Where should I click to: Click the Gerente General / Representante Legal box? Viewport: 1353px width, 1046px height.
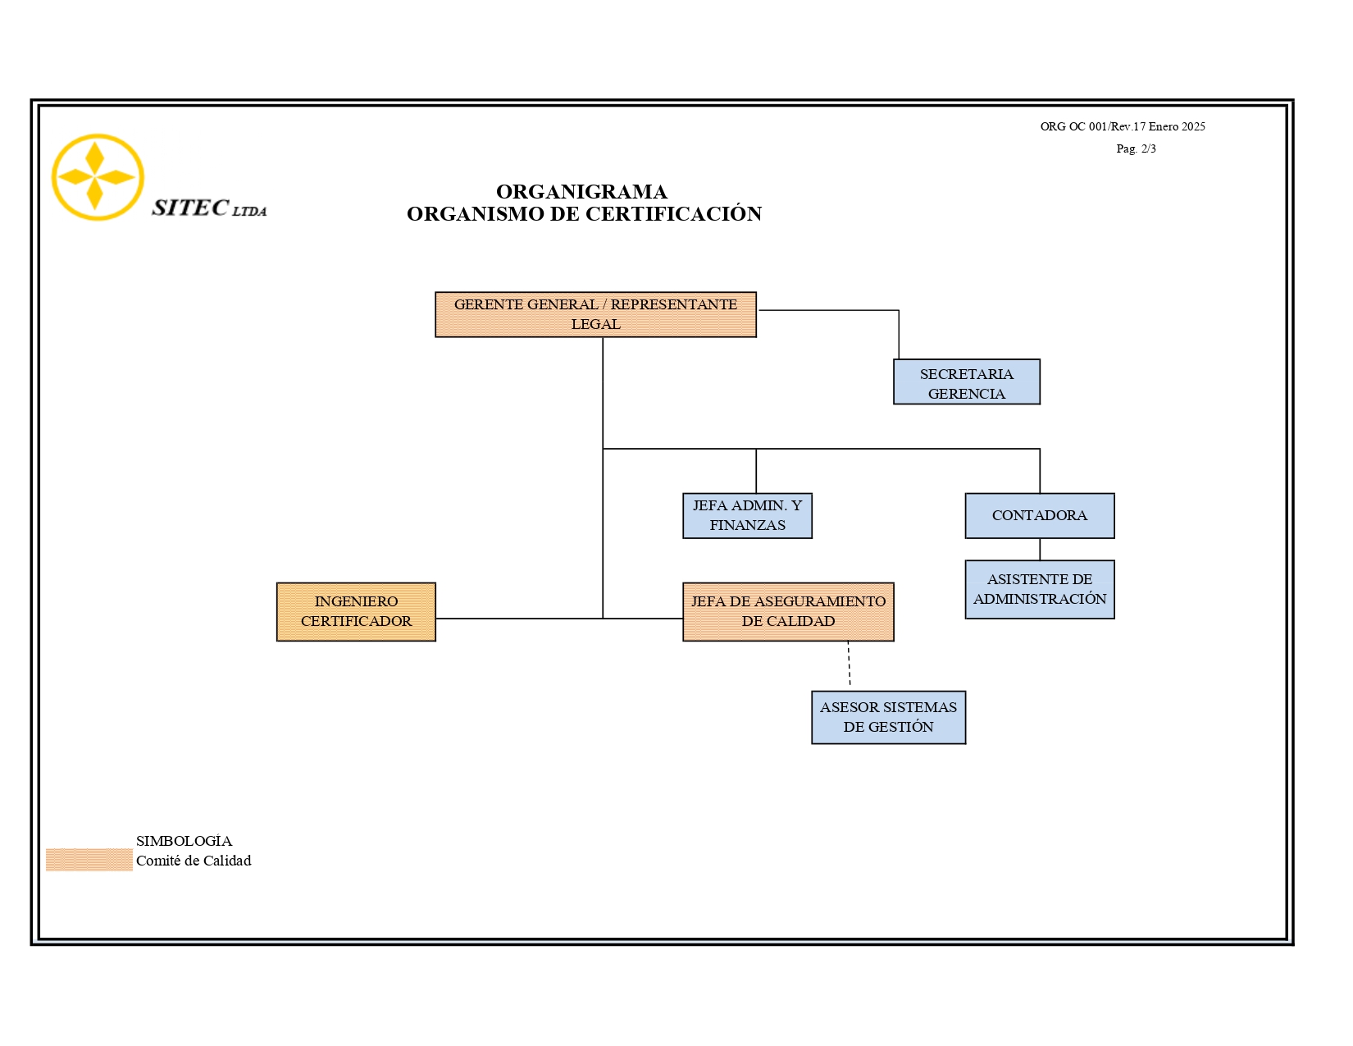point(595,314)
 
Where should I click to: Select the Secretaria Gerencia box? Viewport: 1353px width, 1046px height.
point(966,381)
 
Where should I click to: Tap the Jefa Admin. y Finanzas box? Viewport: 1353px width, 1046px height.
point(747,515)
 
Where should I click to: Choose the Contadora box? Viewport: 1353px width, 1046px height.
point(1040,515)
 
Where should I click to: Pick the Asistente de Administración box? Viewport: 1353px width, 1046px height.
point(1040,589)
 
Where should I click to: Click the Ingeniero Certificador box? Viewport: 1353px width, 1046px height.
point(356,611)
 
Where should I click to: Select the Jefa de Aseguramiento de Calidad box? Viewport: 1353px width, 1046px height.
point(788,611)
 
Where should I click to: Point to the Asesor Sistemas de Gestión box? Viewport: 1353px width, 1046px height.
point(889,717)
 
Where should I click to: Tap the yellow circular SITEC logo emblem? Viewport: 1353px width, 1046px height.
point(98,177)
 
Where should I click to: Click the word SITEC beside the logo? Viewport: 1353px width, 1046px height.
point(190,208)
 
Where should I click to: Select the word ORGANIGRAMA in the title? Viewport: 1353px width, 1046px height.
point(581,191)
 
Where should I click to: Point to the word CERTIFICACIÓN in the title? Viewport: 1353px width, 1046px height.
point(674,213)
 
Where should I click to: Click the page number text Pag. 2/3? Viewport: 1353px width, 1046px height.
point(1136,148)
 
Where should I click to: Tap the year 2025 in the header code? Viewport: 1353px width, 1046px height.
point(1193,126)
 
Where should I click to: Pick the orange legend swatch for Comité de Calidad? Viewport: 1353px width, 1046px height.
point(89,860)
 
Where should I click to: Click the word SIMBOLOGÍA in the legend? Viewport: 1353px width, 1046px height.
point(184,840)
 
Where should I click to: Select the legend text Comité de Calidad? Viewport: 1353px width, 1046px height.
point(194,861)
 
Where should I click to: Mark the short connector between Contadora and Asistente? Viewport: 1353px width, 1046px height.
point(1040,550)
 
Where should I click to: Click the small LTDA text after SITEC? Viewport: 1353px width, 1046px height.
point(249,211)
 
